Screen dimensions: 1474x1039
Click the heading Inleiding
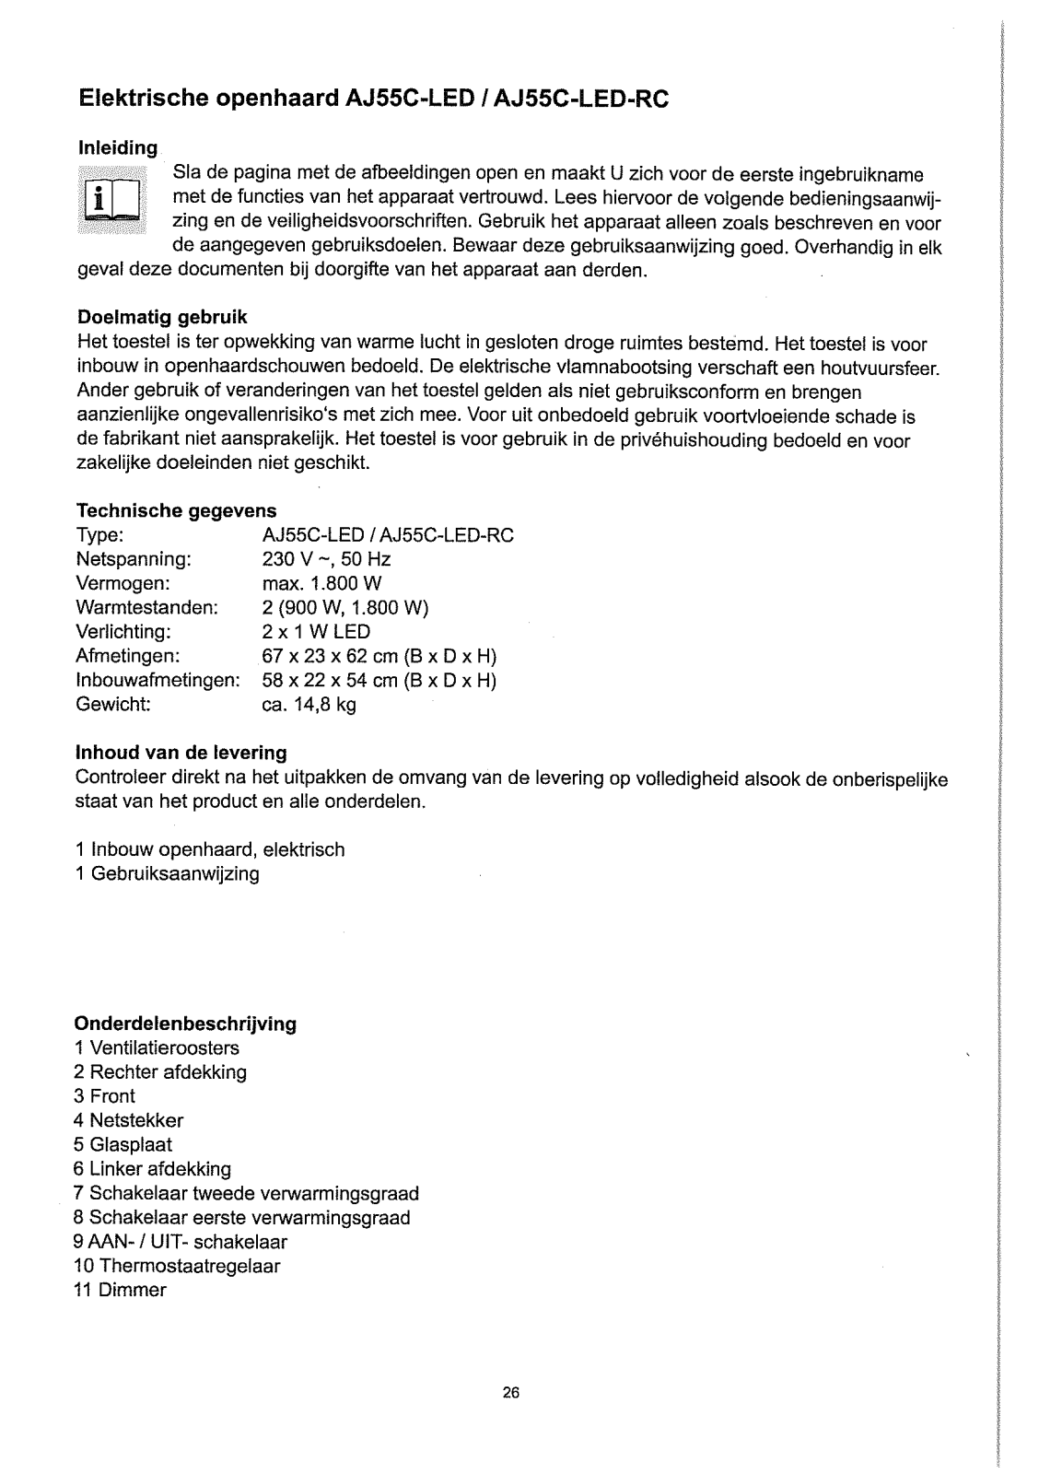point(117,148)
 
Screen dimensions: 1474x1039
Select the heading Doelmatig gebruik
point(161,318)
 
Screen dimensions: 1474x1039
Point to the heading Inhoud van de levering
point(181,753)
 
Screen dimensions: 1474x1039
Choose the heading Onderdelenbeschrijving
point(185,1024)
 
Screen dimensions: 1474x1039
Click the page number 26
point(512,1393)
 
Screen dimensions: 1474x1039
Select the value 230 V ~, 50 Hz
point(327,559)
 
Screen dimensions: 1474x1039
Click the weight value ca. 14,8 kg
point(309,679)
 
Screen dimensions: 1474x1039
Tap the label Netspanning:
point(134,559)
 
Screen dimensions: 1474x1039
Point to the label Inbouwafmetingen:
point(158,655)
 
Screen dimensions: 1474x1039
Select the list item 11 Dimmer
point(120,1290)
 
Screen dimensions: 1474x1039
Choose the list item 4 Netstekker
point(129,1120)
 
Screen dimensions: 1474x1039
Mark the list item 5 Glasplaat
point(123,1145)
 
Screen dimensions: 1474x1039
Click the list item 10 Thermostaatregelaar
point(177,1266)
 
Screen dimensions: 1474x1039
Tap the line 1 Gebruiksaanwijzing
point(167,873)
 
